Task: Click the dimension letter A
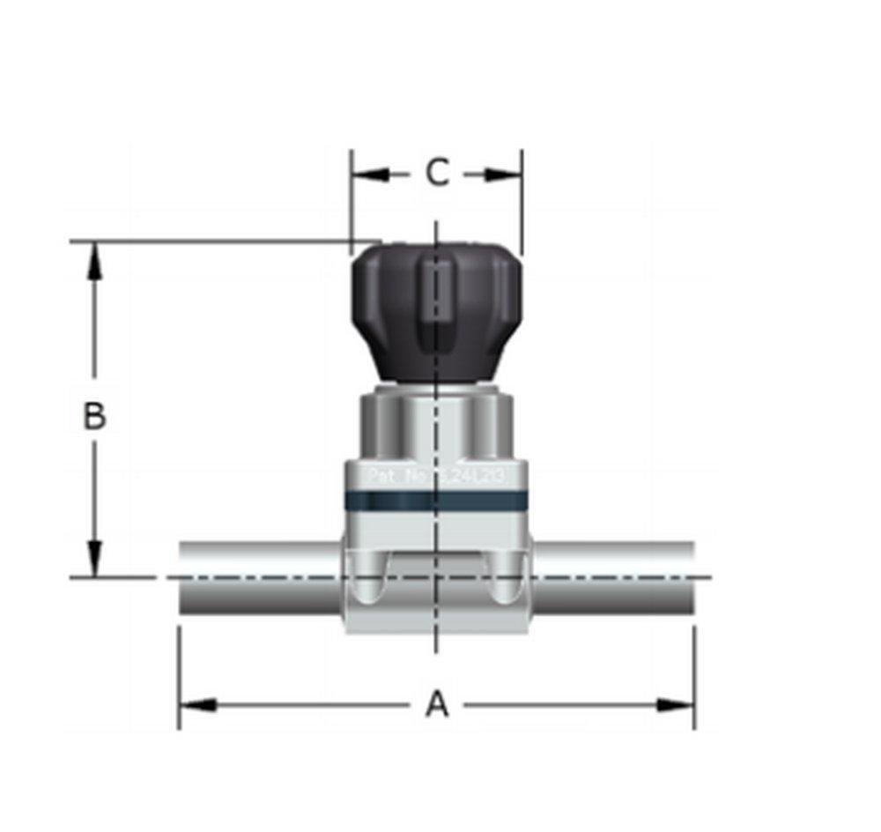click(x=437, y=705)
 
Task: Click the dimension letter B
click(x=94, y=415)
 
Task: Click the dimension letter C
click(x=437, y=173)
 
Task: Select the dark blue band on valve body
click(x=435, y=501)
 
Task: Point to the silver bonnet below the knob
click(x=435, y=423)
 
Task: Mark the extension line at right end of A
click(x=694, y=679)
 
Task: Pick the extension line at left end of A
click(x=179, y=679)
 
